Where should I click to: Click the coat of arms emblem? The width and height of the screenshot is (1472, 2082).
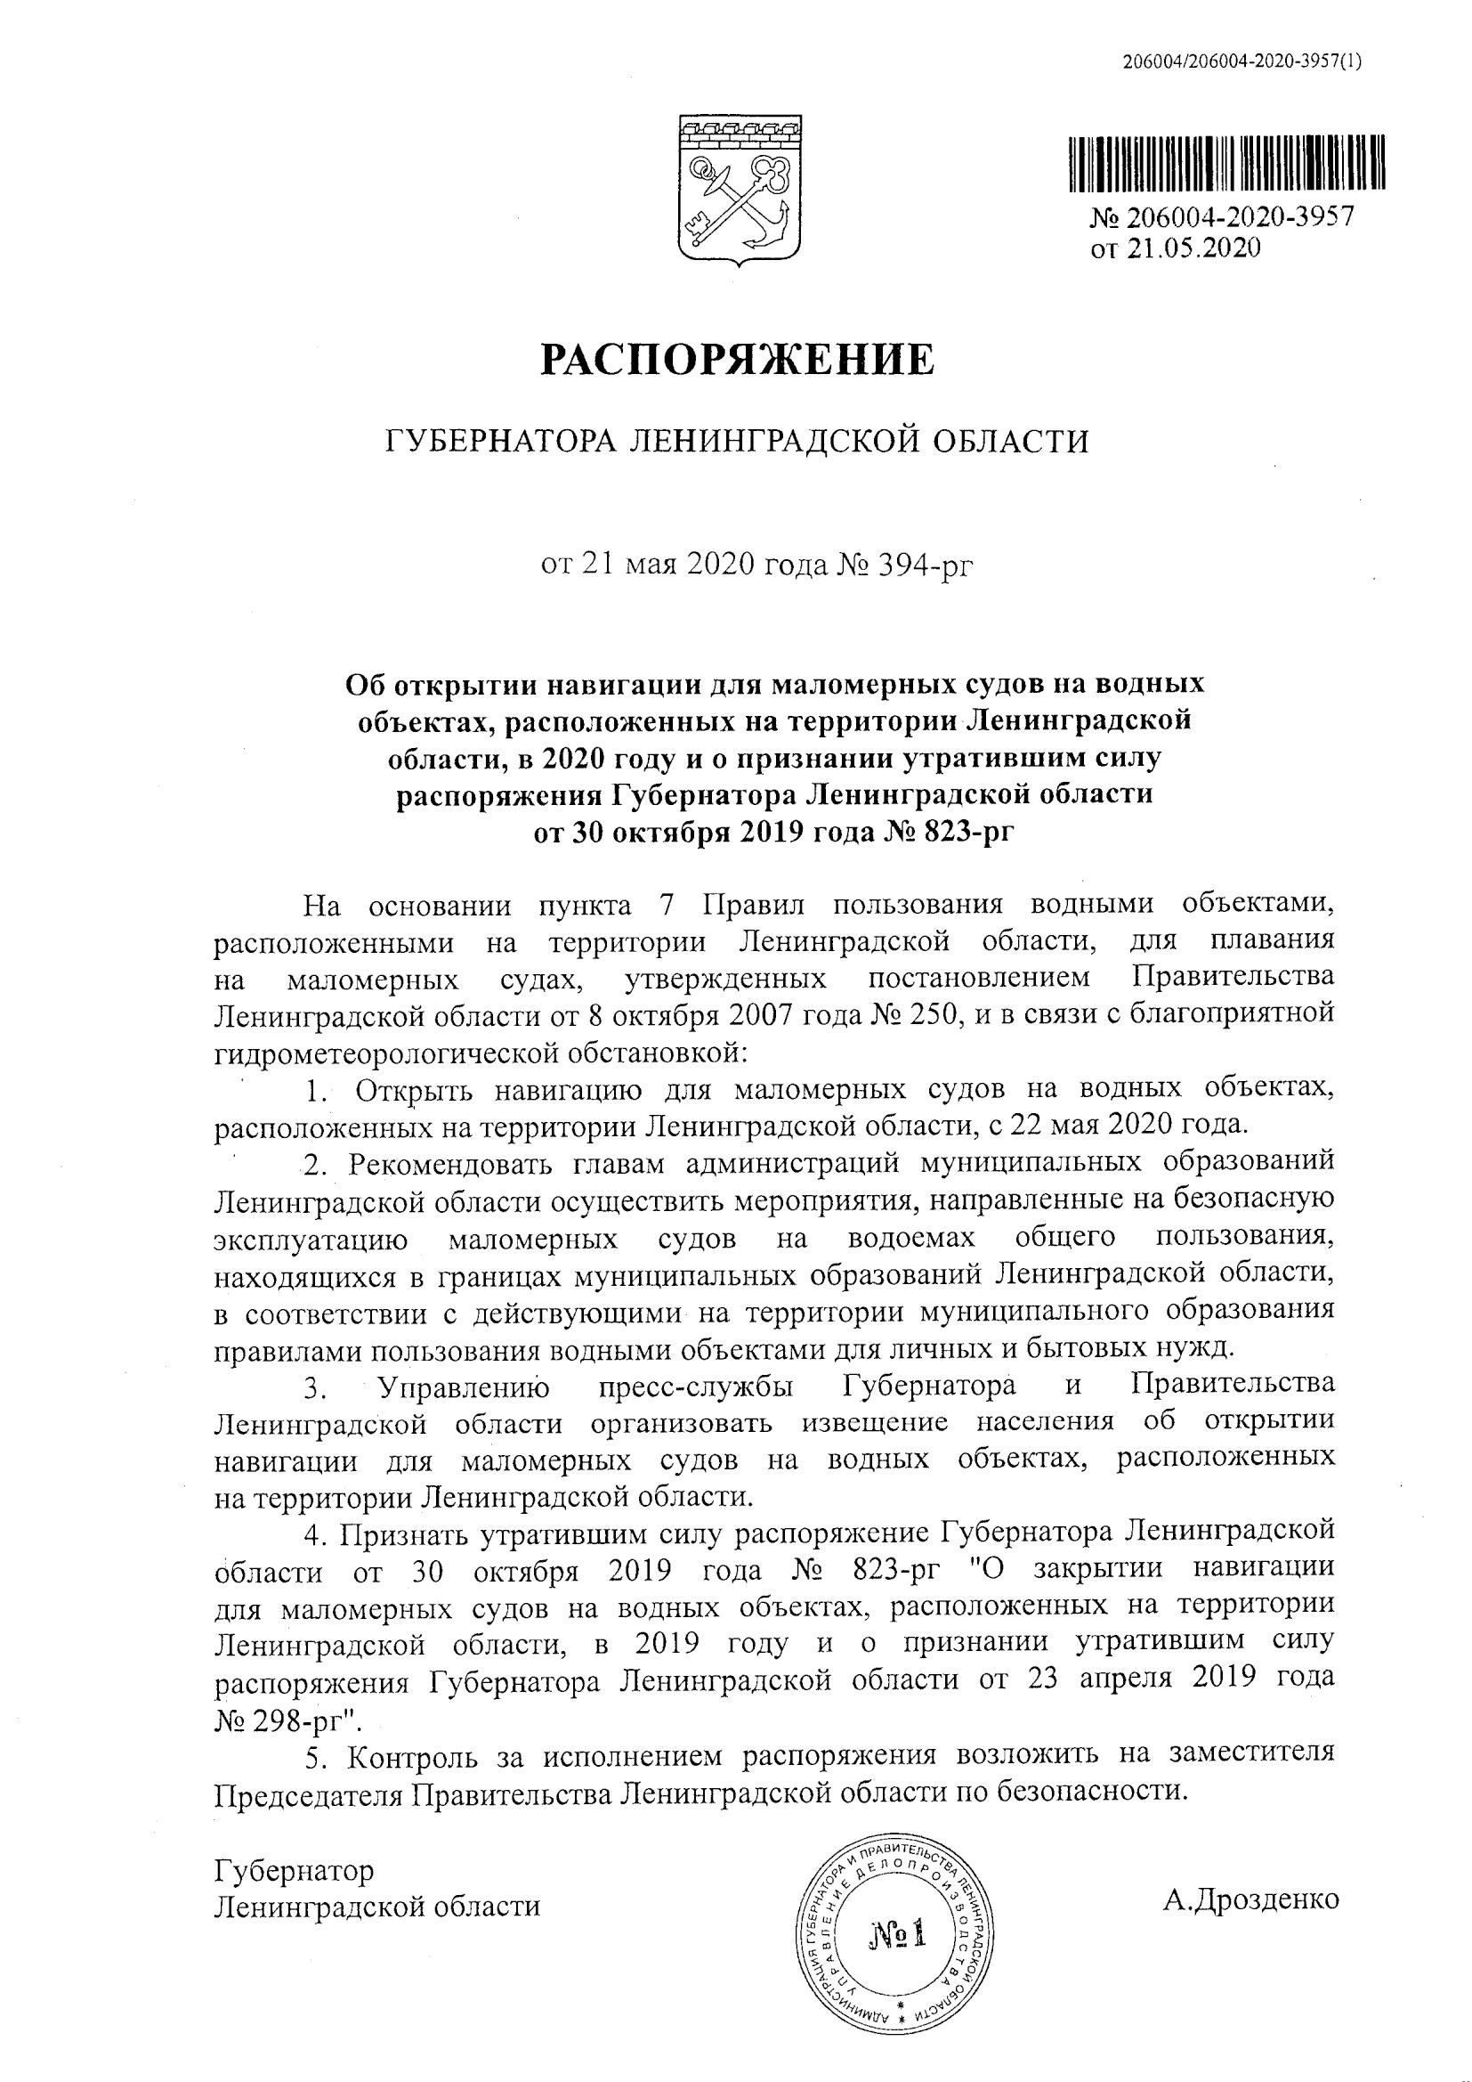pos(736,189)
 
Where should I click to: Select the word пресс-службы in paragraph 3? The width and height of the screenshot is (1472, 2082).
pos(693,1387)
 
